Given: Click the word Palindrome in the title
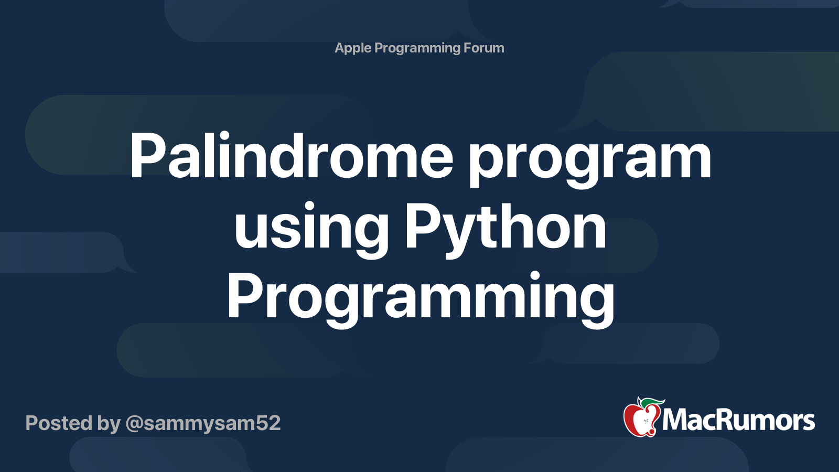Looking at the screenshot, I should (x=291, y=156).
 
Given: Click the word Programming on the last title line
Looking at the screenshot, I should (x=421, y=297).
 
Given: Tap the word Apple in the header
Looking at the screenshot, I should (x=353, y=48).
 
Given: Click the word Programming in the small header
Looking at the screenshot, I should (x=417, y=48).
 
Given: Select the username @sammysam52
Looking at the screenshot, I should (x=203, y=423).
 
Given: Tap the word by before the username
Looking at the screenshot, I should (x=109, y=424).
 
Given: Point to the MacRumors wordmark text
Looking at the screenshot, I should (x=738, y=421).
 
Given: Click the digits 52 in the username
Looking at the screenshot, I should (x=268, y=423).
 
